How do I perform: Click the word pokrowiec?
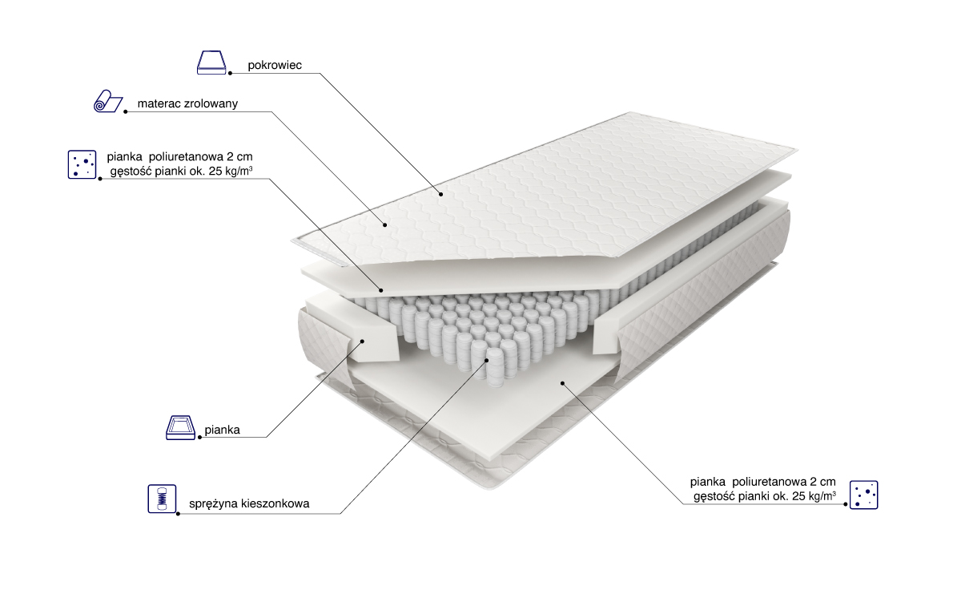coord(275,65)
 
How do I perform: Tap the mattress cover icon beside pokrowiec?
coord(211,63)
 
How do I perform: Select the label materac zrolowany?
coord(187,103)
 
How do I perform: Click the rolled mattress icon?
coord(108,101)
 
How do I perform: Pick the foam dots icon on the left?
coord(82,164)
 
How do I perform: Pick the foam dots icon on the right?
coord(863,495)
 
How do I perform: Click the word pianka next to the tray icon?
coord(223,430)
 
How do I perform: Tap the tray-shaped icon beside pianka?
coord(181,428)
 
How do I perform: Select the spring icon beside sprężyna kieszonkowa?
coord(162,499)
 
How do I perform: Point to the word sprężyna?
coord(214,504)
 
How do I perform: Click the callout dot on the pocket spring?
coord(487,360)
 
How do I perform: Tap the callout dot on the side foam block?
coord(362,341)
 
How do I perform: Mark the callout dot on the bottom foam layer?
coord(562,383)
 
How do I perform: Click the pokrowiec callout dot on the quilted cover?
coord(440,195)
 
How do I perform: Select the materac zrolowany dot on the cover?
coord(385,225)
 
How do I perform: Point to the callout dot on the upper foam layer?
coord(380,291)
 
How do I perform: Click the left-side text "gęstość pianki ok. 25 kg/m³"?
coord(181,172)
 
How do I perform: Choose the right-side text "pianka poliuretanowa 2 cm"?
coord(762,482)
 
